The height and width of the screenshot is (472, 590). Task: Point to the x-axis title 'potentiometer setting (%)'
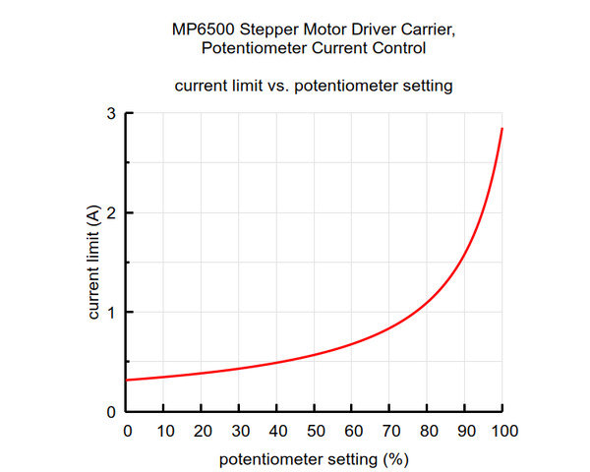point(314,458)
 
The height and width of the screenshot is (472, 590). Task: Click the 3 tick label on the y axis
point(113,114)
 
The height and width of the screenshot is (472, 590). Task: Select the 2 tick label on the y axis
point(113,213)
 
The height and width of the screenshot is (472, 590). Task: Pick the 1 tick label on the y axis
point(113,313)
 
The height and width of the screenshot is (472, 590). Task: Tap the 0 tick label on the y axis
point(113,412)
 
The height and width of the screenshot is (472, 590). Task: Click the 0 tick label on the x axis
point(127,432)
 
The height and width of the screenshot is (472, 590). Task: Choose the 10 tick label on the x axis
point(164,432)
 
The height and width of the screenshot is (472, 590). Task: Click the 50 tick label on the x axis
point(315,432)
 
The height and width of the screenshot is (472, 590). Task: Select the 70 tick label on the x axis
point(389,432)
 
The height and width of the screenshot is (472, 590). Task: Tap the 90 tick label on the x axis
point(465,432)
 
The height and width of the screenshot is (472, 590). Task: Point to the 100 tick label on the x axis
point(502,432)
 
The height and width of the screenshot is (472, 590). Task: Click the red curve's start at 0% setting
point(128,380)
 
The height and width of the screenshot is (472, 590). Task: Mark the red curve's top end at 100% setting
point(502,129)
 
